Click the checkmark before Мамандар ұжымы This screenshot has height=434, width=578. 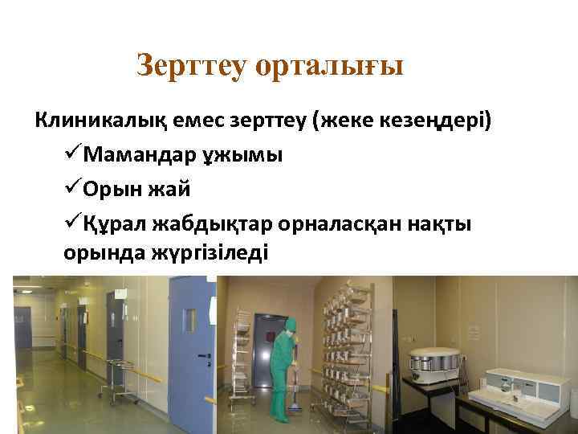tap(71, 154)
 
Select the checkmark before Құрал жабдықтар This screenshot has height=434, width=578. tap(71, 223)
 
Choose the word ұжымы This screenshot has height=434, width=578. tap(244, 154)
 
